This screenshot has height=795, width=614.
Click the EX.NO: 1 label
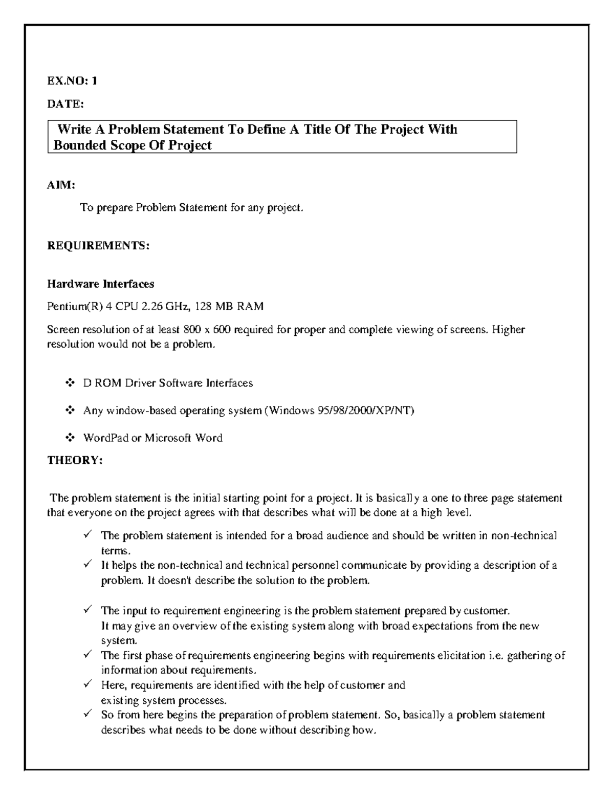(72, 80)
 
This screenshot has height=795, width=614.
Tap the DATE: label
(65, 104)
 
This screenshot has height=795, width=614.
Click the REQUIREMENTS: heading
(98, 246)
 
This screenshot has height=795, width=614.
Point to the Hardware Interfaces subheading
(101, 284)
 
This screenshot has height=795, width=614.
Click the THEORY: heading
(75, 460)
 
